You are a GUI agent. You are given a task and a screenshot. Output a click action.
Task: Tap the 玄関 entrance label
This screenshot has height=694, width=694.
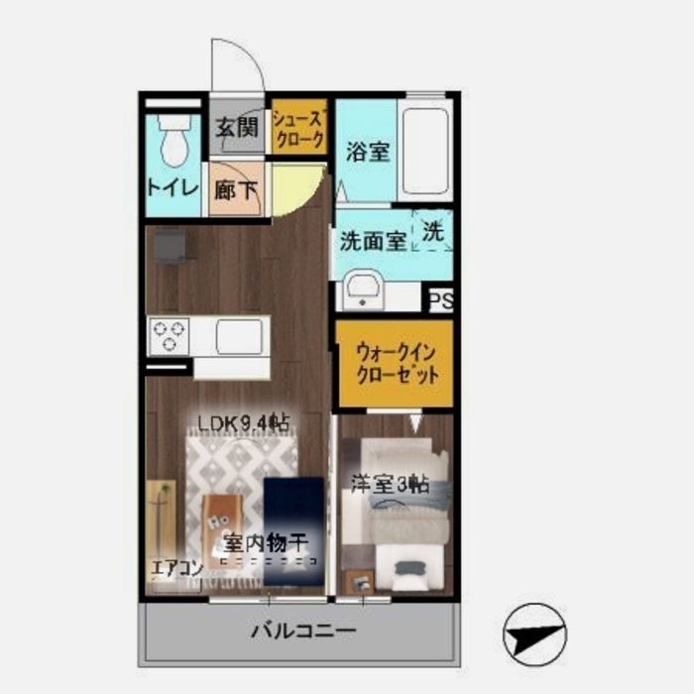pos(237,128)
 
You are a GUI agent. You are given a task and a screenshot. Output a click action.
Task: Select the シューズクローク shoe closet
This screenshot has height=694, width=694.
pos(299,127)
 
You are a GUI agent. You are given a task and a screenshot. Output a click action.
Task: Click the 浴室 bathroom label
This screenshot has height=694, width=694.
pos(368,152)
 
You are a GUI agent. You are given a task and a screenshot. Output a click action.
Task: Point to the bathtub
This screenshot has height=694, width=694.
pos(426,150)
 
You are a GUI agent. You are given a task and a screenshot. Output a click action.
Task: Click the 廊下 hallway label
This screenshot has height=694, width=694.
pos(236,190)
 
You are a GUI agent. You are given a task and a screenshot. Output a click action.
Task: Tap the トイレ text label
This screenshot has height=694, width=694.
pos(173,188)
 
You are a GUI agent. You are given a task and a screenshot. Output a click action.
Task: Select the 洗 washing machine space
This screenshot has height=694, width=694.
pos(433,230)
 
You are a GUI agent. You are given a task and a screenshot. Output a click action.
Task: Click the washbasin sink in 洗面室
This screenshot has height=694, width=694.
pos(363,289)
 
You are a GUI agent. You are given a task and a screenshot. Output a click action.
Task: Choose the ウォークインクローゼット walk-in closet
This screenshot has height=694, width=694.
pos(397,364)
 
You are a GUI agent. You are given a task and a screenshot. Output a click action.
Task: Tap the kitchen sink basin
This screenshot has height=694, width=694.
pos(239,336)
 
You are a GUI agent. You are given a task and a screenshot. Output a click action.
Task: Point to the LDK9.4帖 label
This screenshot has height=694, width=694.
pos(244,423)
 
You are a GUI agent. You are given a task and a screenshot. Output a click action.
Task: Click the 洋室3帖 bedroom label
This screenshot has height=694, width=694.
pos(391,484)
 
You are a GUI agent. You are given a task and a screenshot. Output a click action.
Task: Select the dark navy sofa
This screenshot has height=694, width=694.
pos(293,531)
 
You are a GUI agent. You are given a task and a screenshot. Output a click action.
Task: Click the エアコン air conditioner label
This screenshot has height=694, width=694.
pos(177,568)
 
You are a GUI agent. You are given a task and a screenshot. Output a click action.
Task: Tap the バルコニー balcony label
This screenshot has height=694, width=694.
pos(303,632)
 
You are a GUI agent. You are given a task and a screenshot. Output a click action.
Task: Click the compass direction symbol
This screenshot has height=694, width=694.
pos(534,635)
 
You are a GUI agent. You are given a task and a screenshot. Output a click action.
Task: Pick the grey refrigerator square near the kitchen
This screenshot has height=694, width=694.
pos(170,247)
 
